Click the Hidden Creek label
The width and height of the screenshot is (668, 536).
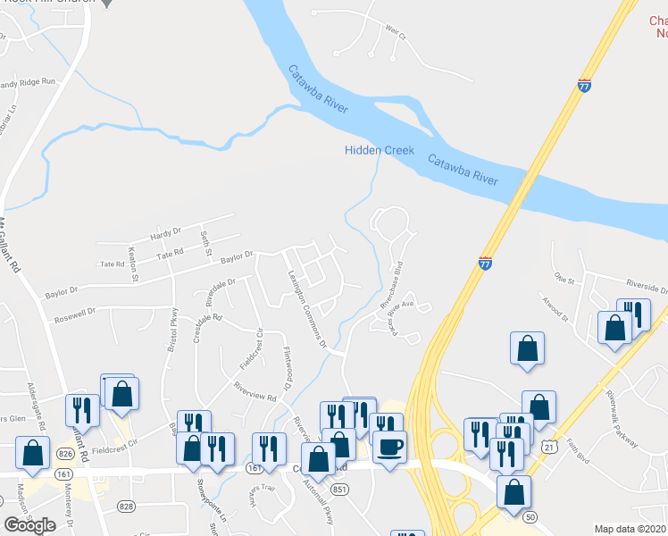coord(380,150)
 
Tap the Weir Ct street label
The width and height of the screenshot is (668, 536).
coord(396,36)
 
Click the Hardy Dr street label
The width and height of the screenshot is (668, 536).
coord(166,234)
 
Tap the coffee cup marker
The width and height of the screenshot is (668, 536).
coord(388,444)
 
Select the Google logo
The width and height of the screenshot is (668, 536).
coord(30,525)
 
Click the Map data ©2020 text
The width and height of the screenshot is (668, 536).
coord(630,529)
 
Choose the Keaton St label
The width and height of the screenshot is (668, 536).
coord(134,265)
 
